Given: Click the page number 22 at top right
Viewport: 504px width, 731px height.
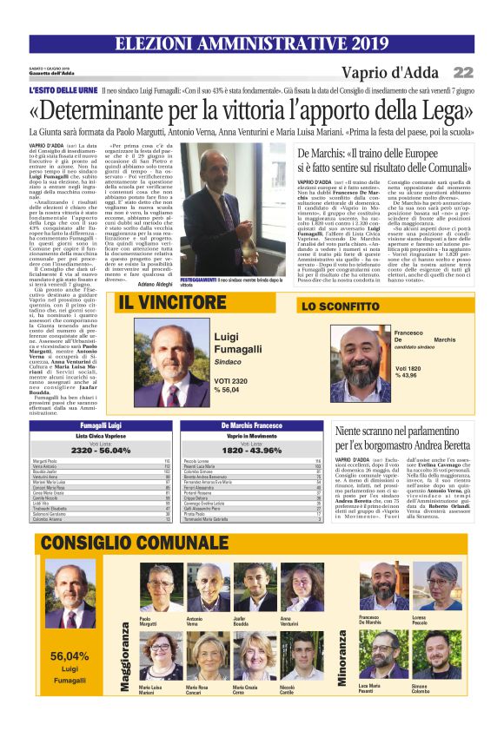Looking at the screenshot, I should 463,72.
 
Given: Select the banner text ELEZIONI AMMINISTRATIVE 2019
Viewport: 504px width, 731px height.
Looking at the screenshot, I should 252,43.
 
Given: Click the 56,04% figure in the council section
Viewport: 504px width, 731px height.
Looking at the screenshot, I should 70,655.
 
